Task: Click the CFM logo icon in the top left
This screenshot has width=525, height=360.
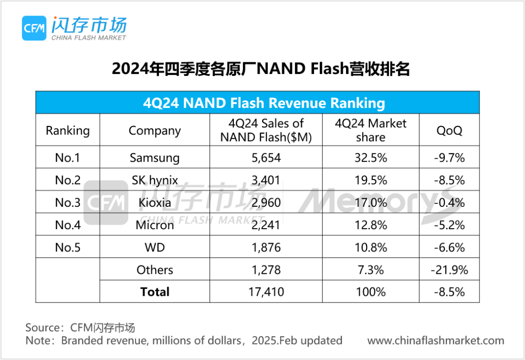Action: click(34, 28)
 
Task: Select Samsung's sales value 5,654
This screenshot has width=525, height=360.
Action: click(265, 158)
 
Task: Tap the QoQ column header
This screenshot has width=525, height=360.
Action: click(449, 130)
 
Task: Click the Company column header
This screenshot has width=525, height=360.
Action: click(155, 130)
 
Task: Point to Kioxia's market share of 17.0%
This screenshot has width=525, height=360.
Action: click(370, 202)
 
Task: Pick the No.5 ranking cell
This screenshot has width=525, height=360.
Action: click(68, 247)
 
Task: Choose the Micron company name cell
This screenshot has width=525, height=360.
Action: click(155, 225)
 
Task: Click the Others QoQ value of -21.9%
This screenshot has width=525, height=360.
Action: click(449, 270)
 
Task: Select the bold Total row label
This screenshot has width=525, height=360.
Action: click(155, 292)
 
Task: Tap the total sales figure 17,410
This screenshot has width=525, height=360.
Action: click(265, 292)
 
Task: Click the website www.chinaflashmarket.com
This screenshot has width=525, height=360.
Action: click(436, 341)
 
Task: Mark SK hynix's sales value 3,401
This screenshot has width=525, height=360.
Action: click(265, 180)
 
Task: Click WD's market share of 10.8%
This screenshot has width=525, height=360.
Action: click(370, 247)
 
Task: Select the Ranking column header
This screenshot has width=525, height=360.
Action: click(68, 130)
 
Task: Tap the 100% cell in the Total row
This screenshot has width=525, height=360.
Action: click(370, 292)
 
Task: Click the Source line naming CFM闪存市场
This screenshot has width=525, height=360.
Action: click(80, 327)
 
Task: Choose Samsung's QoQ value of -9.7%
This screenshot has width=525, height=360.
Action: click(449, 158)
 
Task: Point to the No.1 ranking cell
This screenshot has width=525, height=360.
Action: click(68, 158)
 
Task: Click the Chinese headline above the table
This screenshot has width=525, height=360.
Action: click(261, 69)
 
